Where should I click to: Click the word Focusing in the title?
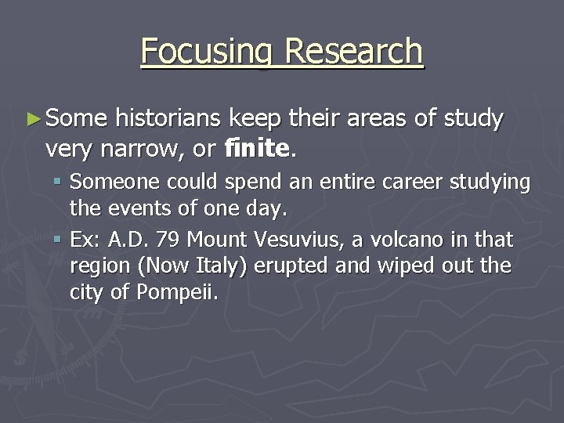[208, 52]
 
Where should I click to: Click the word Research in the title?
[354, 51]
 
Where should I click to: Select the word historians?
[168, 119]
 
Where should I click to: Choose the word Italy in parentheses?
[223, 266]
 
